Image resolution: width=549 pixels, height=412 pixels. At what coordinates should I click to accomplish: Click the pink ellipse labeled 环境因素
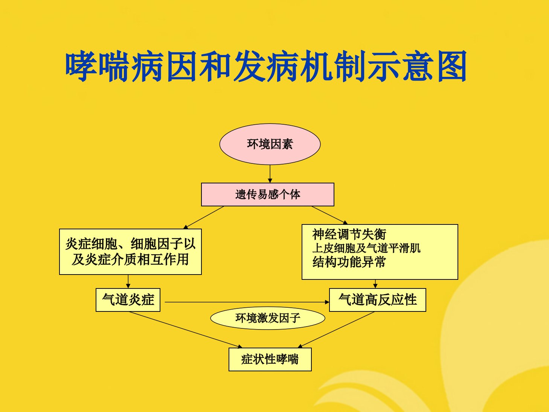pyautogui.click(x=270, y=144)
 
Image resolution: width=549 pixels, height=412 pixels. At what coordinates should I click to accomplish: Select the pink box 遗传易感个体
pyautogui.click(x=268, y=194)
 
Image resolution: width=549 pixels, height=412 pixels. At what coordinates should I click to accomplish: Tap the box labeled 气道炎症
pyautogui.click(x=128, y=300)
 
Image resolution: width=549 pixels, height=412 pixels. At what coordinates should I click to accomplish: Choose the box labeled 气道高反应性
pyautogui.click(x=377, y=300)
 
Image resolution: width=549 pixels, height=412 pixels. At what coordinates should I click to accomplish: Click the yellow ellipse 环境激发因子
pyautogui.click(x=268, y=318)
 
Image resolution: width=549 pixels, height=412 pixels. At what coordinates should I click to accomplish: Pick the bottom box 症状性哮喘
pyautogui.click(x=270, y=359)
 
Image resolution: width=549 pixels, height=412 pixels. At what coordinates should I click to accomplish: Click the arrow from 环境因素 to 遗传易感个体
pyautogui.click(x=270, y=174)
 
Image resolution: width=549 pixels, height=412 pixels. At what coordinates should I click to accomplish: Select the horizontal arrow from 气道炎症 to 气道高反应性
pyautogui.click(x=247, y=302)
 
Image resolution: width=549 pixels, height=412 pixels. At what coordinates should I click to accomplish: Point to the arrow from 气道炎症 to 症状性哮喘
pyautogui.click(x=185, y=330)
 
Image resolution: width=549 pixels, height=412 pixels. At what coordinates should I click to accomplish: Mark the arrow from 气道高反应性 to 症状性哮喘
pyautogui.click(x=336, y=330)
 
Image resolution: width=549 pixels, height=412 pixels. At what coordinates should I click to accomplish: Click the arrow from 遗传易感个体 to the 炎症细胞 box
pyautogui.click(x=203, y=218)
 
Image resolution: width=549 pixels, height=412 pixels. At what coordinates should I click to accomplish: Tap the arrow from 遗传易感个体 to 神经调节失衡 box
pyautogui.click(x=329, y=215)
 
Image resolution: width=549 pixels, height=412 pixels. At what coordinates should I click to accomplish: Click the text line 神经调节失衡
pyautogui.click(x=349, y=234)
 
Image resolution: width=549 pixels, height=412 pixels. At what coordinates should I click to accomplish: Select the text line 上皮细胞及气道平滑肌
pyautogui.click(x=366, y=248)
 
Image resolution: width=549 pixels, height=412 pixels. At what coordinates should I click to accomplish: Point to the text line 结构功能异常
pyautogui.click(x=349, y=262)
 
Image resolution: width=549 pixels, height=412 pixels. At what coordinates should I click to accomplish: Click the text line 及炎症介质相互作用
pyautogui.click(x=130, y=259)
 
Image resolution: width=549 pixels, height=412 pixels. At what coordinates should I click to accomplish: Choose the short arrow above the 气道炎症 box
pyautogui.click(x=128, y=281)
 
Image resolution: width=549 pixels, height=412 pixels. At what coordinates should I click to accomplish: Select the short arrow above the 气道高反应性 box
pyautogui.click(x=375, y=284)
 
